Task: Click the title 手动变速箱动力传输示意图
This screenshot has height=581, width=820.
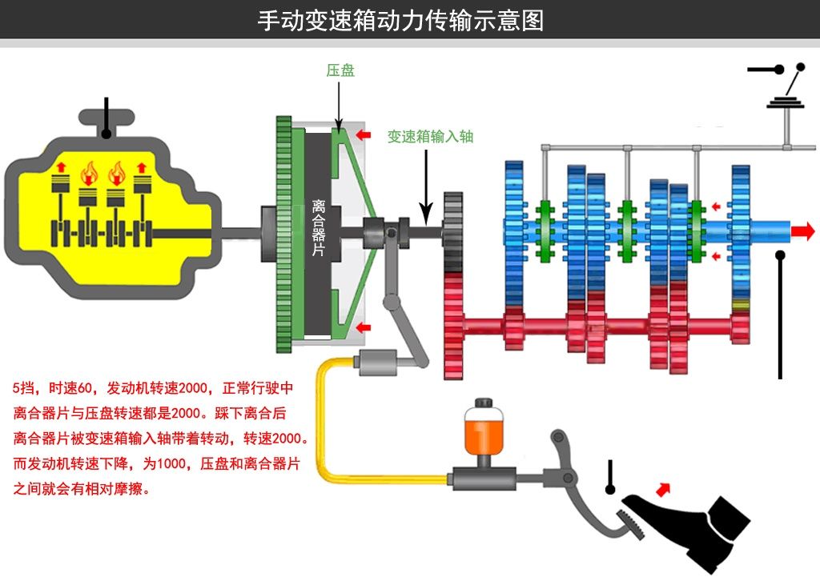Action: [x=400, y=20]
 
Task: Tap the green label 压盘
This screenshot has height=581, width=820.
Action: [x=340, y=70]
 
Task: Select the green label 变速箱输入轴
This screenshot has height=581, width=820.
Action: [x=430, y=136]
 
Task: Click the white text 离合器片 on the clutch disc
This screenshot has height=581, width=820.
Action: [x=318, y=227]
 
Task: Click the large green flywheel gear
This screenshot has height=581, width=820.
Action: [x=283, y=232]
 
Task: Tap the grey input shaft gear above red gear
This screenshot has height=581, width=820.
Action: [x=453, y=232]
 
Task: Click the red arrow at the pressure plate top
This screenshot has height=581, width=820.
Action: [x=364, y=136]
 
